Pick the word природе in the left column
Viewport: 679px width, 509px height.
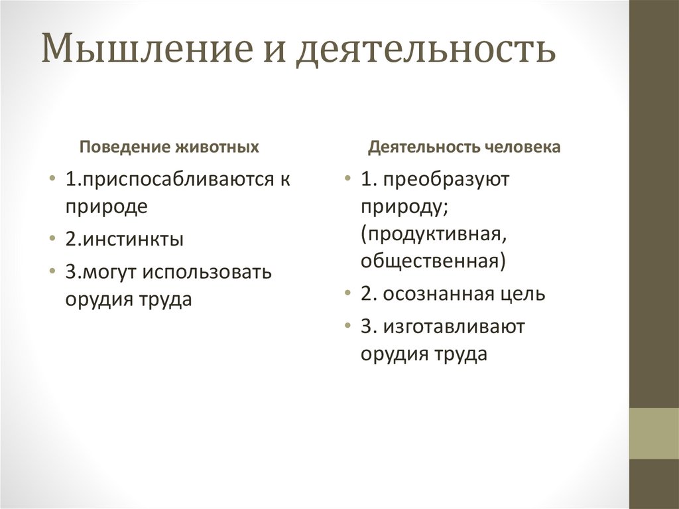(106, 206)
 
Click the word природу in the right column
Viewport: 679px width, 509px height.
(404, 207)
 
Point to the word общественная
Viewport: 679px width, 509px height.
(432, 261)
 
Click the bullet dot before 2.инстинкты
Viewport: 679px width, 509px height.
(52, 239)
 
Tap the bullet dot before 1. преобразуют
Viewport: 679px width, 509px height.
(347, 181)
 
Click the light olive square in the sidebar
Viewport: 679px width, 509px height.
(653, 433)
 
